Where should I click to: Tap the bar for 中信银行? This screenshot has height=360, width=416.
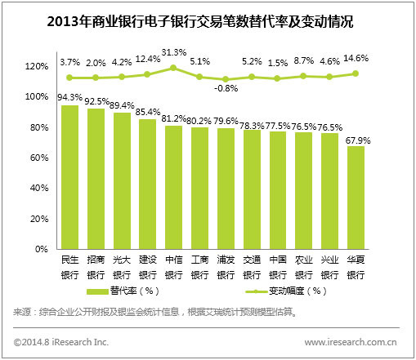click(x=174, y=189)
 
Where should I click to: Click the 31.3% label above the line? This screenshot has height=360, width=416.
click(x=174, y=53)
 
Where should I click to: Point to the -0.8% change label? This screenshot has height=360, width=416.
click(x=226, y=88)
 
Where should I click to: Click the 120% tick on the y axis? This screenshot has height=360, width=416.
click(x=35, y=66)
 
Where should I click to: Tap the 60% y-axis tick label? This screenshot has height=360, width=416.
click(x=38, y=158)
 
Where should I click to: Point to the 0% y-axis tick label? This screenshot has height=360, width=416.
click(x=42, y=250)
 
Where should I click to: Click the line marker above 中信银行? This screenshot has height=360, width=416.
click(x=174, y=69)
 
